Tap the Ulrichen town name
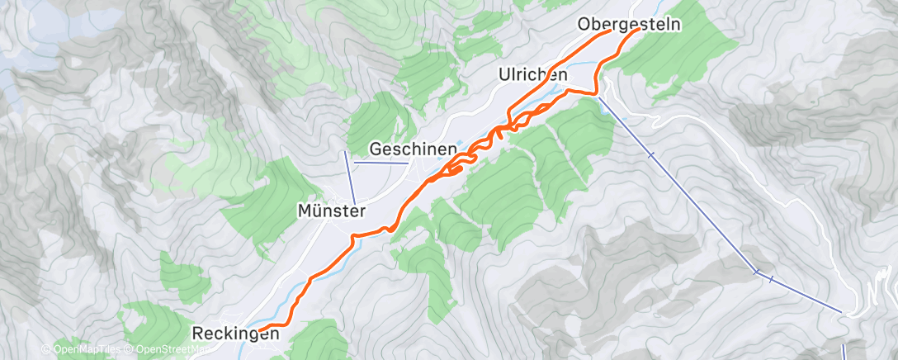pyautogui.click(x=532, y=74)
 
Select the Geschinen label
pyautogui.click(x=413, y=149)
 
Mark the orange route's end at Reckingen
pyautogui.click(x=259, y=329)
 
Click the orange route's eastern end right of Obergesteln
pyautogui.click(x=639, y=30)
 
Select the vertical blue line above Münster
pyautogui.click(x=349, y=177)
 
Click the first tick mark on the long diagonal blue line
pyautogui.click(x=651, y=154)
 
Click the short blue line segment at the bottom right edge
pyautogui.click(x=844, y=351)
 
